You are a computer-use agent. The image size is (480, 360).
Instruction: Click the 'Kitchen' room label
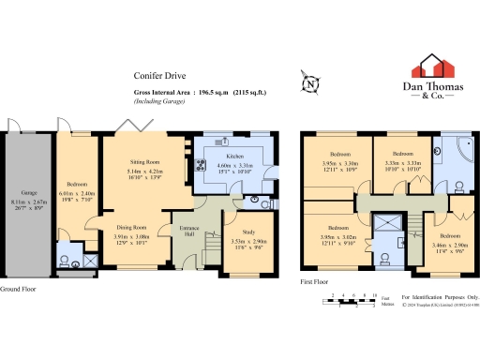(235, 157)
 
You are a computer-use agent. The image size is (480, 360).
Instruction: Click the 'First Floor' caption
(317, 280)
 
